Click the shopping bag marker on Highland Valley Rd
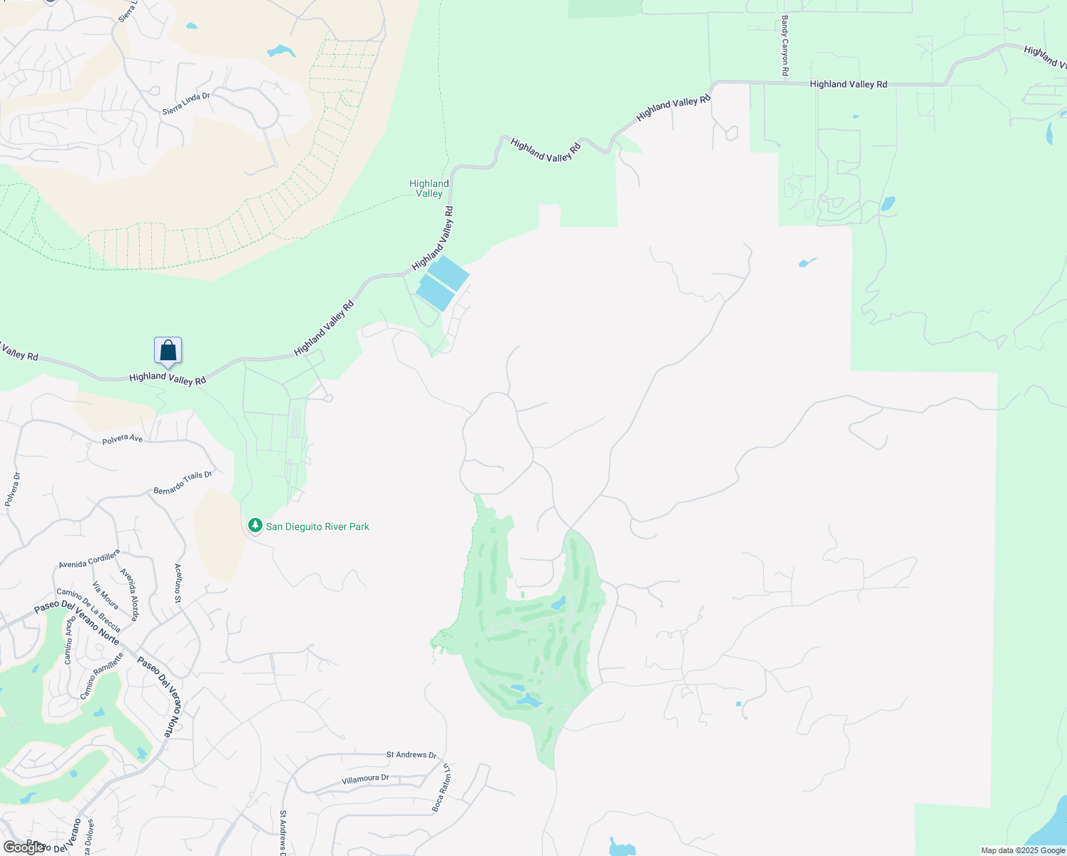[168, 350]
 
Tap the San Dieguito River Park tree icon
[255, 526]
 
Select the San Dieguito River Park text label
[317, 526]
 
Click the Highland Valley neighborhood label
[429, 188]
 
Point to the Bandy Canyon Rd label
[785, 46]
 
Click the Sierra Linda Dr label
[186, 104]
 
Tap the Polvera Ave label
[122, 439]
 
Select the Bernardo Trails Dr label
[183, 482]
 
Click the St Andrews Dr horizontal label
[412, 755]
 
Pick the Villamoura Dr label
[365, 779]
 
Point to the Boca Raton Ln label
[441, 788]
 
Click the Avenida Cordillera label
[89, 559]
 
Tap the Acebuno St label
[178, 584]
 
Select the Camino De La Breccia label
[88, 610]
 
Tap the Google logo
[25, 847]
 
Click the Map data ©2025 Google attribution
[1023, 850]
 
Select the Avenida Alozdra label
[130, 594]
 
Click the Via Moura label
[106, 596]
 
